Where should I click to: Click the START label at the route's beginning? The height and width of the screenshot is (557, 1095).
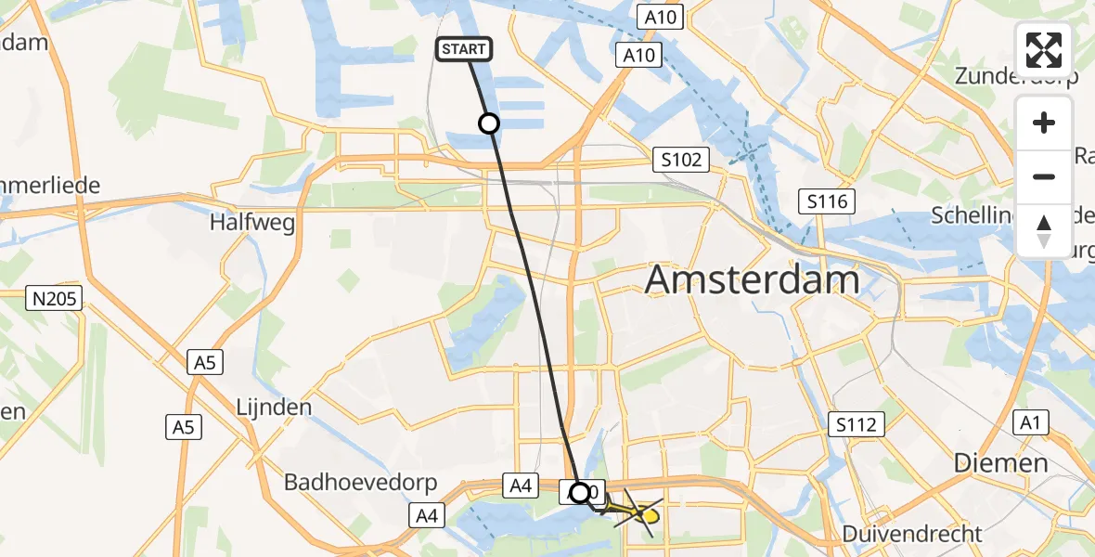click(461, 49)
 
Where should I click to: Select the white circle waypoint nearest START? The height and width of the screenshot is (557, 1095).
click(488, 123)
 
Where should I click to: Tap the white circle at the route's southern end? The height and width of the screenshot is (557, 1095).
click(580, 492)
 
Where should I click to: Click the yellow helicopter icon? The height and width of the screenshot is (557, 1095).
click(639, 512)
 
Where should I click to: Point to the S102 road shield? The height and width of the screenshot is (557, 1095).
click(680, 160)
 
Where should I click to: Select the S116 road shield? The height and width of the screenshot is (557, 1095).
click(828, 201)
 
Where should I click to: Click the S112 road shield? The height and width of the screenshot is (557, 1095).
click(855, 425)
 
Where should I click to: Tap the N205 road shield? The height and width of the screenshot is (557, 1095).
click(55, 298)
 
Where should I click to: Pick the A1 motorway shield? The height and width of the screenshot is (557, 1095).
click(1028, 422)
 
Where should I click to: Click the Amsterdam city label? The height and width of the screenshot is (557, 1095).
click(752, 278)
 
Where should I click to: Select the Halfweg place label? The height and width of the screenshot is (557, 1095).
click(239, 223)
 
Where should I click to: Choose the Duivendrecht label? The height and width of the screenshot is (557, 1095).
click(912, 534)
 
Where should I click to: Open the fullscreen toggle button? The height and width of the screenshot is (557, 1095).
click(1044, 49)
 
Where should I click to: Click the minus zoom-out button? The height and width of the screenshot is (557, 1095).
click(1044, 176)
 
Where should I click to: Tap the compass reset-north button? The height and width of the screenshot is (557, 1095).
click(1044, 230)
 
